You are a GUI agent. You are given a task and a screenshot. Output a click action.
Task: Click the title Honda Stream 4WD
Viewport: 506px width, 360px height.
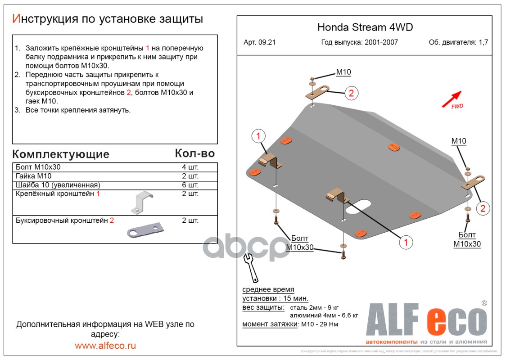tap(365, 27)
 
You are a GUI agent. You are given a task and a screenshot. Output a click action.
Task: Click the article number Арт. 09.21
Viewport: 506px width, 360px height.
tap(259, 43)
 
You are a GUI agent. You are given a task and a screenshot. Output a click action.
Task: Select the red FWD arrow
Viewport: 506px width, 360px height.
tap(452, 98)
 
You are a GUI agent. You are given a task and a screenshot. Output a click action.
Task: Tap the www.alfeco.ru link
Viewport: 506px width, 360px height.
tap(105, 346)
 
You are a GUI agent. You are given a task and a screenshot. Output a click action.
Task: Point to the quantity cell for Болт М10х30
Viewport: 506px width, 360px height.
tap(190, 167)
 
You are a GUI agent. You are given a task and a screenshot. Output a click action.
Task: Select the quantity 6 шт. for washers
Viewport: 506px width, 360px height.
tap(190, 185)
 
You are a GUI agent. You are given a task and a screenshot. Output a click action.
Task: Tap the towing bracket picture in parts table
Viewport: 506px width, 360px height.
tap(145, 230)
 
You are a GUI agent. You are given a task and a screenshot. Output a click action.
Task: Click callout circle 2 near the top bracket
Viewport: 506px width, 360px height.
tap(352, 93)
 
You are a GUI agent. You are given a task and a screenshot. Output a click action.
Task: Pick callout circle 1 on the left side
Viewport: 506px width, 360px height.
tap(258, 135)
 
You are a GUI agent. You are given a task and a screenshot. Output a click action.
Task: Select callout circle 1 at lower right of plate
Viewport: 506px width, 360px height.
tap(406, 242)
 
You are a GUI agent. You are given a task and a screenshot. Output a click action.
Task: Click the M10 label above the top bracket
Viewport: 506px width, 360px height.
tap(343, 72)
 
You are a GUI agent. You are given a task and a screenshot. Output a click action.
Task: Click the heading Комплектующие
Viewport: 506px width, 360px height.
tap(61, 154)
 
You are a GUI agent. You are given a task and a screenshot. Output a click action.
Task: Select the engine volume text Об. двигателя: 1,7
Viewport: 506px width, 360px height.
tap(458, 43)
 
